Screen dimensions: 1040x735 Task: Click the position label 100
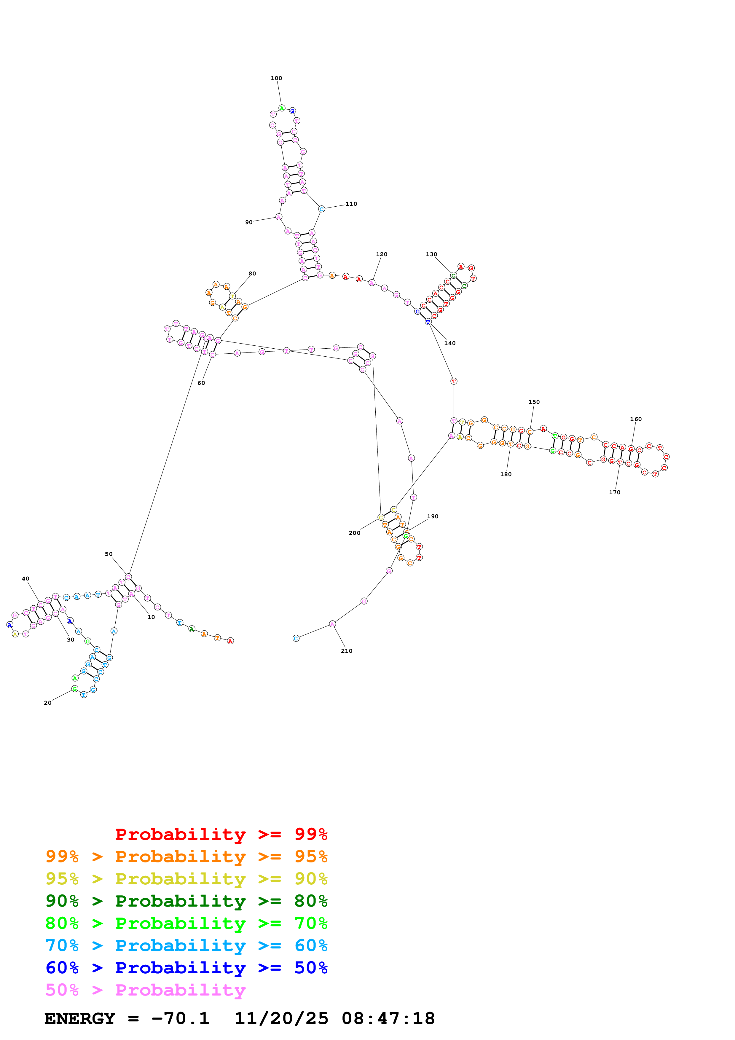[276, 78]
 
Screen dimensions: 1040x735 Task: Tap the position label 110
[351, 204]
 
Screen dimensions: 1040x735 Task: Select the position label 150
[534, 402]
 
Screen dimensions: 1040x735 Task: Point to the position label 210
[346, 651]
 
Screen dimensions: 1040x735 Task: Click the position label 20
[47, 703]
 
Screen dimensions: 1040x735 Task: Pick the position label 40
[25, 578]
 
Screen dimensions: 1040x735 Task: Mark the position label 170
[615, 492]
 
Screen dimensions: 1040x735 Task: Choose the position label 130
[431, 254]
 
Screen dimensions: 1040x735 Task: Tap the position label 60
[201, 383]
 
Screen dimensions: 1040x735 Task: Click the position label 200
[354, 533]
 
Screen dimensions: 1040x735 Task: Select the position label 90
[249, 222]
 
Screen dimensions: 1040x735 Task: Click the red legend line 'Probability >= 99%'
[221, 834]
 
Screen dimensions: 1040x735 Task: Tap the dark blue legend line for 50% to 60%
[186, 968]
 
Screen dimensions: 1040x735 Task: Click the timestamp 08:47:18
[388, 1019]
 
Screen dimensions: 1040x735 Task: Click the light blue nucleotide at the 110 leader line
[321, 209]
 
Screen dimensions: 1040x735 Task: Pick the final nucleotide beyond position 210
[296, 638]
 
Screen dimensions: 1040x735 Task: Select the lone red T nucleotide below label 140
[454, 381]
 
